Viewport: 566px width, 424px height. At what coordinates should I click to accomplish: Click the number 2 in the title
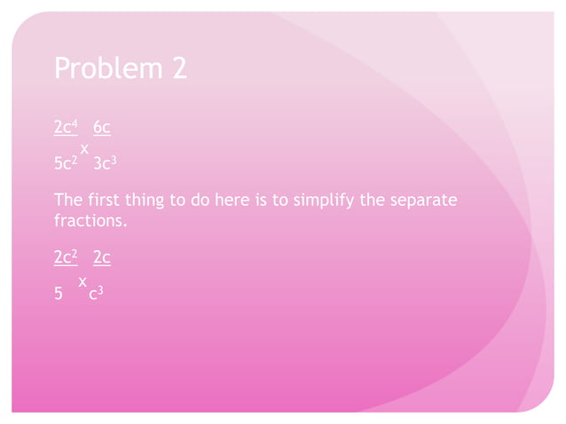[177, 69]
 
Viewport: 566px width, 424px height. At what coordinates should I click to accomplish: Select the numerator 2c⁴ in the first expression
[65, 128]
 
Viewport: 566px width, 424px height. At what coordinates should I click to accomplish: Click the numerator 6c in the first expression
[102, 128]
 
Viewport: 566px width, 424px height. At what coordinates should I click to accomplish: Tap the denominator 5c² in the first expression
[66, 164]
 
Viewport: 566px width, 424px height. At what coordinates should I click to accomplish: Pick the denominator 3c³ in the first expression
[106, 164]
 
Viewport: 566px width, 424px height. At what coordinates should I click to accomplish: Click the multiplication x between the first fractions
[84, 148]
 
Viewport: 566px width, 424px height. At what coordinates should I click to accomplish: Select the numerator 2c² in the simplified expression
[65, 258]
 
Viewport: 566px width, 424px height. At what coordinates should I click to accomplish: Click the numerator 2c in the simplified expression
[102, 258]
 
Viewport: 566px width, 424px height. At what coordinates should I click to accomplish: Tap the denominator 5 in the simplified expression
[59, 294]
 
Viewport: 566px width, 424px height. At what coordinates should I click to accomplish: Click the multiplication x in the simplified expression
[83, 281]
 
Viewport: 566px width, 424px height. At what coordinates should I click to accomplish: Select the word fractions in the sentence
[90, 219]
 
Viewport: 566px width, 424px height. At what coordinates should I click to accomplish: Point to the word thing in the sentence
[148, 200]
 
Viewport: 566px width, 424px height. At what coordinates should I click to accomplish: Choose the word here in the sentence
[231, 200]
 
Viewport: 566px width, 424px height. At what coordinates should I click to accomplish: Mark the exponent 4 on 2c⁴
[76, 123]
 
